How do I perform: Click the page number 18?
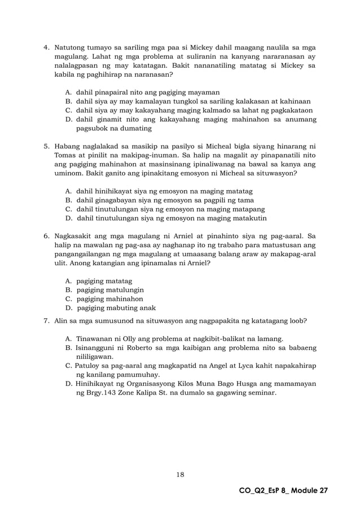coord(180,475)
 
